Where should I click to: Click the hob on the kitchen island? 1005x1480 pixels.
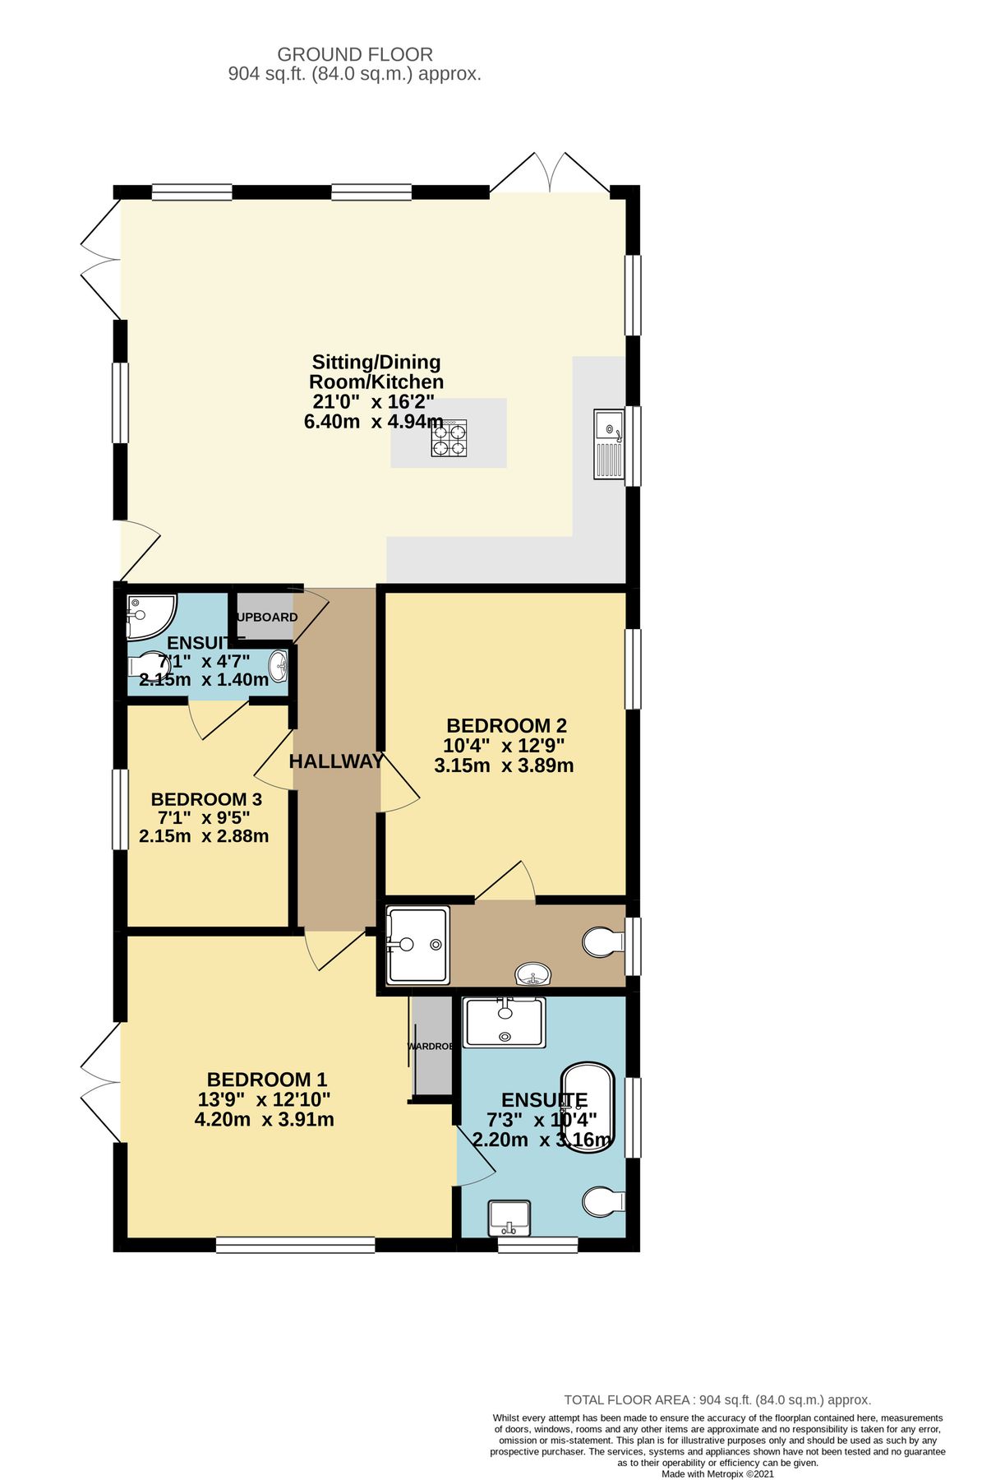click(449, 437)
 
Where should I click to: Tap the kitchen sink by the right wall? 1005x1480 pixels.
click(609, 444)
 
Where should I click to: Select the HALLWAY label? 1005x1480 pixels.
click(336, 761)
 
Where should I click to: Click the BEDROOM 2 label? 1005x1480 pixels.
click(506, 726)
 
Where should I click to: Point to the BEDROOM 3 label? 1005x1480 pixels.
click(206, 799)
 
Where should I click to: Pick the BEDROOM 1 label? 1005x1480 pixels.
click(267, 1080)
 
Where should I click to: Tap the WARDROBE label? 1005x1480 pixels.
click(431, 1047)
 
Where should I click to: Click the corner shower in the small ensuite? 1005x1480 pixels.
click(146, 616)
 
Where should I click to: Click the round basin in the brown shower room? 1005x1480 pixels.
click(533, 975)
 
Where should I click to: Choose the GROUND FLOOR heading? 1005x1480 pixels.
click(355, 55)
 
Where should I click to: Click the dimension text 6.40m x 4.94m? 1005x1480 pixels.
click(374, 422)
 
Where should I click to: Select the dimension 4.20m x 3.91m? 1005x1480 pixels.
click(264, 1119)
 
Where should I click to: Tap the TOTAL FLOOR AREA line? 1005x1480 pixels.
click(717, 1400)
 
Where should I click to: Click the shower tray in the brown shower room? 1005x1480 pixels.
click(417, 945)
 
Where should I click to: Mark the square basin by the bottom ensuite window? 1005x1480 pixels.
click(509, 1218)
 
